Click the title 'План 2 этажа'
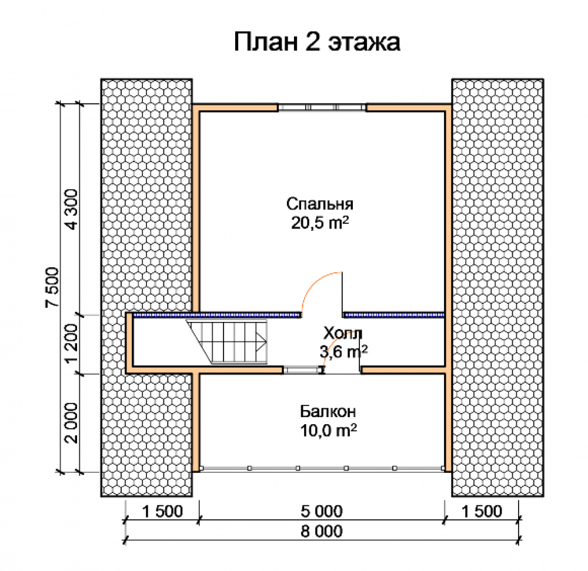pos(318,41)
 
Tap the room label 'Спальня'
pos(320,204)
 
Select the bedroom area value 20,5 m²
pos(320,223)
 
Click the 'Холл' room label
pos(343,332)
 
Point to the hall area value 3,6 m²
pos(343,351)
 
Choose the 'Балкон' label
pos(328,411)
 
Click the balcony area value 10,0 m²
pos(328,431)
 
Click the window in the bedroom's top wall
pos(322,108)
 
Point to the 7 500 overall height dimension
pos(53,287)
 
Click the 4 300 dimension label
pos(71,209)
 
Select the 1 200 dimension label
pos(71,343)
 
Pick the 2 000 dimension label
pos(71,423)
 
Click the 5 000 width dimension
pos(322,511)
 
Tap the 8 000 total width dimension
pos(322,531)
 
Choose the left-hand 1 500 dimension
pos(162,511)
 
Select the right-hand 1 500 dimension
pos(482,511)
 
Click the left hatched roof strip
pos(146,288)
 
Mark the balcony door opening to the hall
pos(342,370)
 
